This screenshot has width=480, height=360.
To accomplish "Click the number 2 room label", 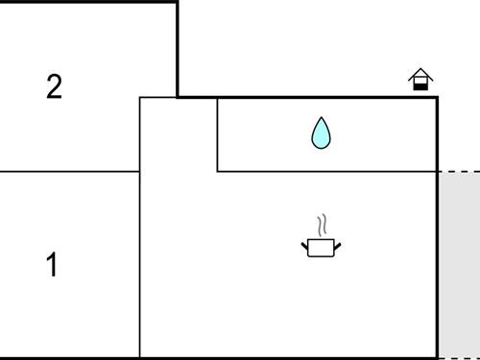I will pyautogui.click(x=54, y=87).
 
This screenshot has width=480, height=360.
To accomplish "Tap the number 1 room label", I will pyautogui.click(x=52, y=265).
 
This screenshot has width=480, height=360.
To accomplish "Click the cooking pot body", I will pyautogui.click(x=322, y=249).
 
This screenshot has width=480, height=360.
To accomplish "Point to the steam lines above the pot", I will pyautogui.click(x=324, y=225).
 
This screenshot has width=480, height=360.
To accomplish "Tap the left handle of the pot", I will pyautogui.click(x=306, y=246).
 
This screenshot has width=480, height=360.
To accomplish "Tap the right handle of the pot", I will pyautogui.click(x=337, y=246).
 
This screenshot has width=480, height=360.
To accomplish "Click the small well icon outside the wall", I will pyautogui.click(x=420, y=80).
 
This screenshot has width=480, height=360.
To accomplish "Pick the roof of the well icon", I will pyautogui.click(x=420, y=74).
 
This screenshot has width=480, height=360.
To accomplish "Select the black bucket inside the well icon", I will pyautogui.click(x=420, y=85).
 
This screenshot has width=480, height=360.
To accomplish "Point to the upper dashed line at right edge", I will pyautogui.click(x=459, y=172).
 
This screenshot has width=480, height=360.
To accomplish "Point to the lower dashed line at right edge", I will pyautogui.click(x=459, y=357).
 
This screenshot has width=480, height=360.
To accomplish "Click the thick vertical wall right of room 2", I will pyautogui.click(x=178, y=48).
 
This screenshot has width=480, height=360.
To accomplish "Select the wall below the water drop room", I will pyautogui.click(x=326, y=172).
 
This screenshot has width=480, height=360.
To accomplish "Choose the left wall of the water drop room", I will pyautogui.click(x=218, y=134).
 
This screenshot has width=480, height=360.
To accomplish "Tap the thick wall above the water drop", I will pyautogui.click(x=307, y=97).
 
